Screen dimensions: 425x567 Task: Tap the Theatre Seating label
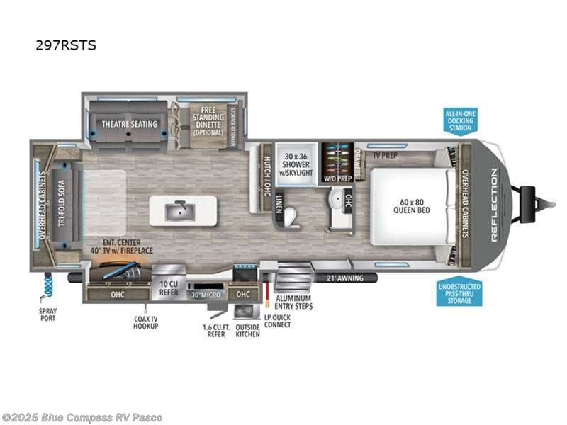[x=129, y=124]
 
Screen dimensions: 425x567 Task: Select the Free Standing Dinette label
[x=208, y=122]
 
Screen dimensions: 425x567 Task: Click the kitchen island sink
[x=182, y=210]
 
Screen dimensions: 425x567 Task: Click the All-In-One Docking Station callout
[x=459, y=121]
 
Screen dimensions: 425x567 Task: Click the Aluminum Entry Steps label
[x=293, y=302]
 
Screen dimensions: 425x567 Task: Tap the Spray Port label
[x=47, y=314]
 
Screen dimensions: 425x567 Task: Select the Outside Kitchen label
[x=247, y=330]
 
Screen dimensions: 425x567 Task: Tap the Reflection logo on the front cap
[x=494, y=205]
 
